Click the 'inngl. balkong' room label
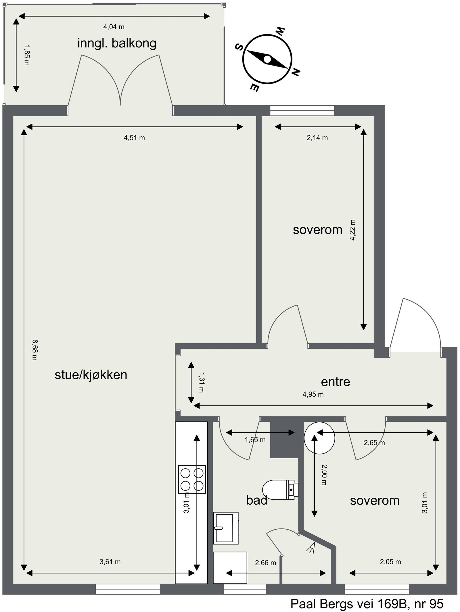pos(117,43)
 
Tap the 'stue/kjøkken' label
pos(91,375)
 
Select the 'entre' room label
pos(335,382)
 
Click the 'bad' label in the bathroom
pos(257,500)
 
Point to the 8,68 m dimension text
pos(34,350)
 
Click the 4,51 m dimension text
pos(134,138)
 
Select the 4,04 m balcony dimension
pos(114,27)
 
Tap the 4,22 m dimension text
pos(353,230)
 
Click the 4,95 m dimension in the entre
pos(313,394)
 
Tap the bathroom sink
pos(225,528)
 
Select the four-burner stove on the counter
pos(192,480)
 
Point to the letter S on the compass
pos(239,47)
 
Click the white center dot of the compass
pos(267,59)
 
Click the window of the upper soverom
pos(302,111)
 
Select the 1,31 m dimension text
pos(201,382)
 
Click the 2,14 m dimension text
pos(317,138)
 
